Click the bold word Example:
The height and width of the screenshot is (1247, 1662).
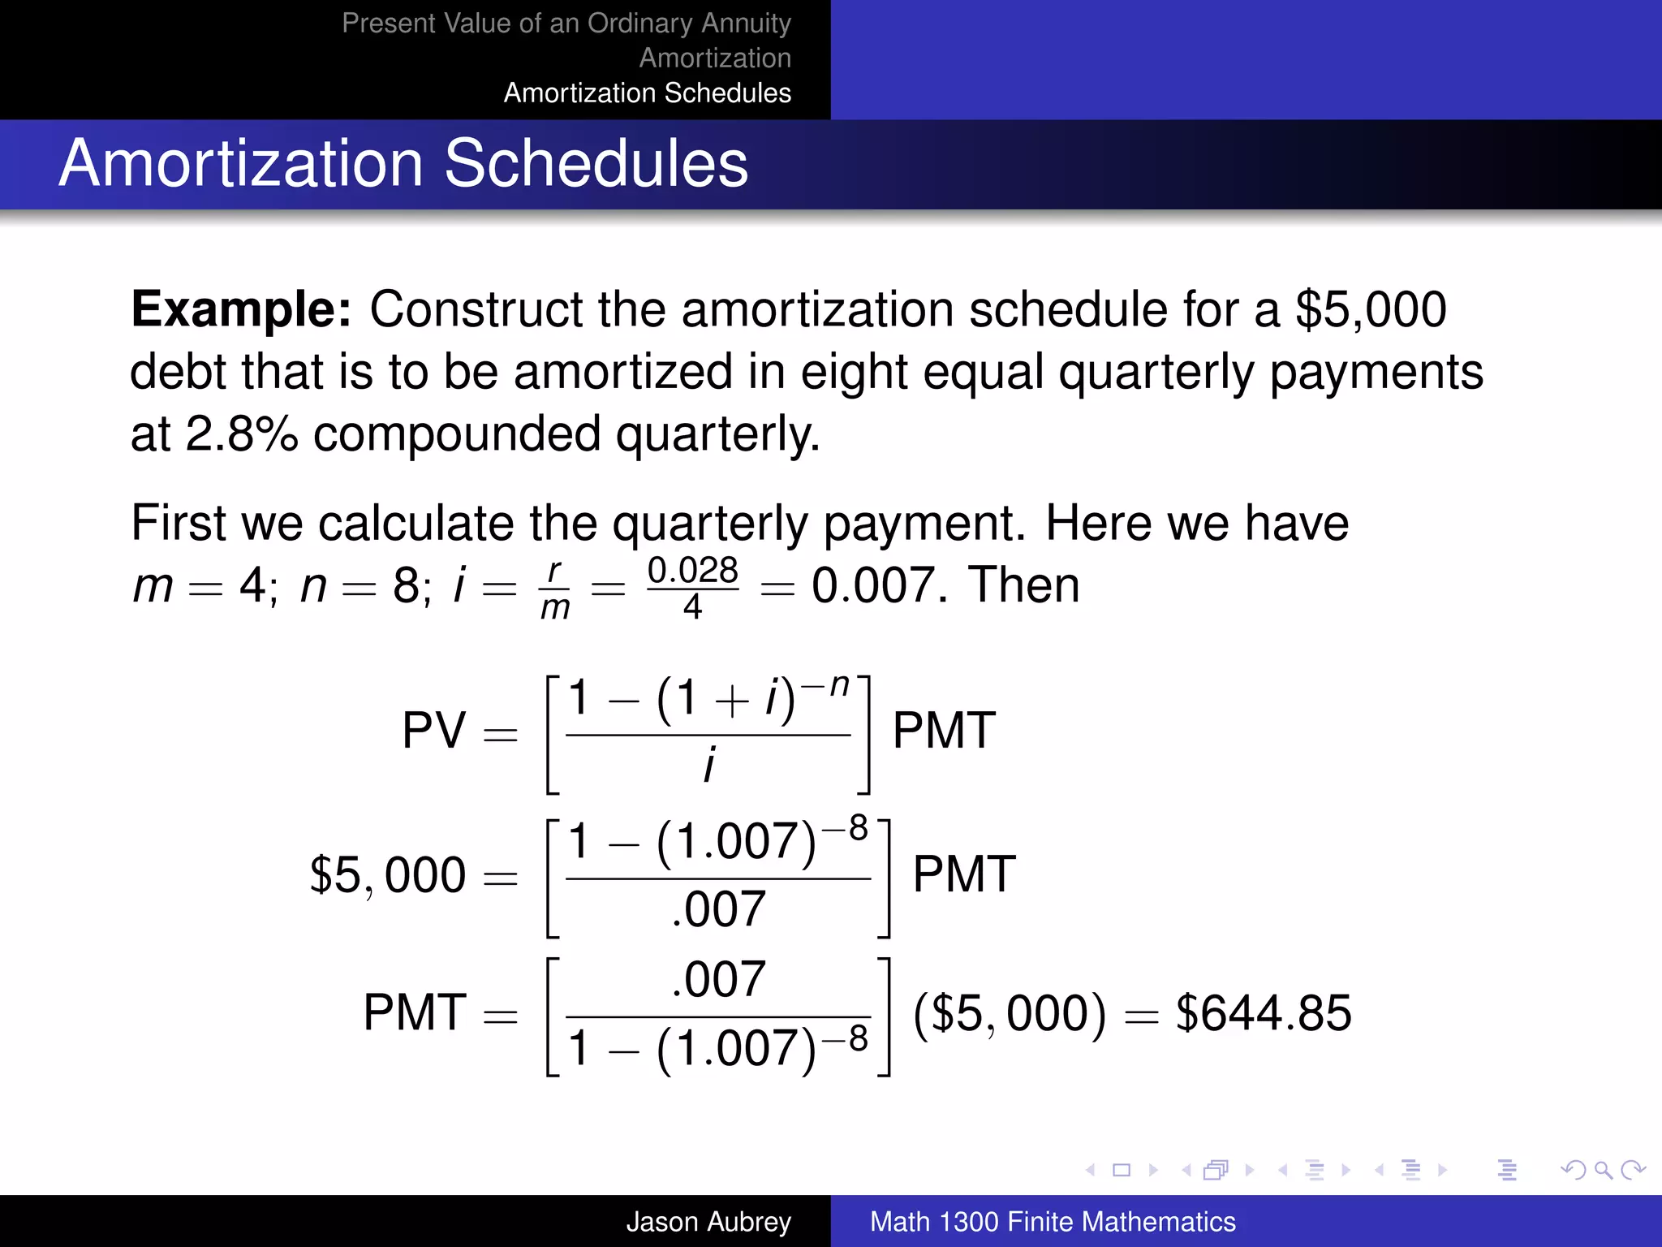pyautogui.click(x=241, y=309)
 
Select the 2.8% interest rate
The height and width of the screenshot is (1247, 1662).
pyautogui.click(x=242, y=434)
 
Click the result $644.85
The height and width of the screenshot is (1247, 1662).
pyautogui.click(x=1264, y=1013)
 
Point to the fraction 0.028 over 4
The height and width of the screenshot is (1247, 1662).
pyautogui.click(x=692, y=586)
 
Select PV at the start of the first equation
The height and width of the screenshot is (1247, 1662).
pyautogui.click(x=433, y=730)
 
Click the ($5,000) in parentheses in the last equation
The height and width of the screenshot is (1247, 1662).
pyautogui.click(x=1009, y=1013)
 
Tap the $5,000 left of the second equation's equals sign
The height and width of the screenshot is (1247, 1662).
pyautogui.click(x=387, y=875)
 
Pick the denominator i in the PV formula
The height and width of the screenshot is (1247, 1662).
pyautogui.click(x=708, y=766)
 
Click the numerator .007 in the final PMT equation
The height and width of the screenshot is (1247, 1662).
pyautogui.click(x=718, y=979)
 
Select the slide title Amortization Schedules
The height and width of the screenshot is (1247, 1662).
pyautogui.click(x=403, y=163)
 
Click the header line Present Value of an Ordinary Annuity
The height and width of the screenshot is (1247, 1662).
pyautogui.click(x=566, y=23)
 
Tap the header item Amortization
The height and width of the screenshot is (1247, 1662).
pyautogui.click(x=714, y=58)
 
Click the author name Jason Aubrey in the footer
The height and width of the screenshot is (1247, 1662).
pyautogui.click(x=708, y=1221)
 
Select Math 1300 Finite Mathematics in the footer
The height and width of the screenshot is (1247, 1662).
pyautogui.click(x=1052, y=1221)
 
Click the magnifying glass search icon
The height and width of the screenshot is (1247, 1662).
pyautogui.click(x=1602, y=1170)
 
